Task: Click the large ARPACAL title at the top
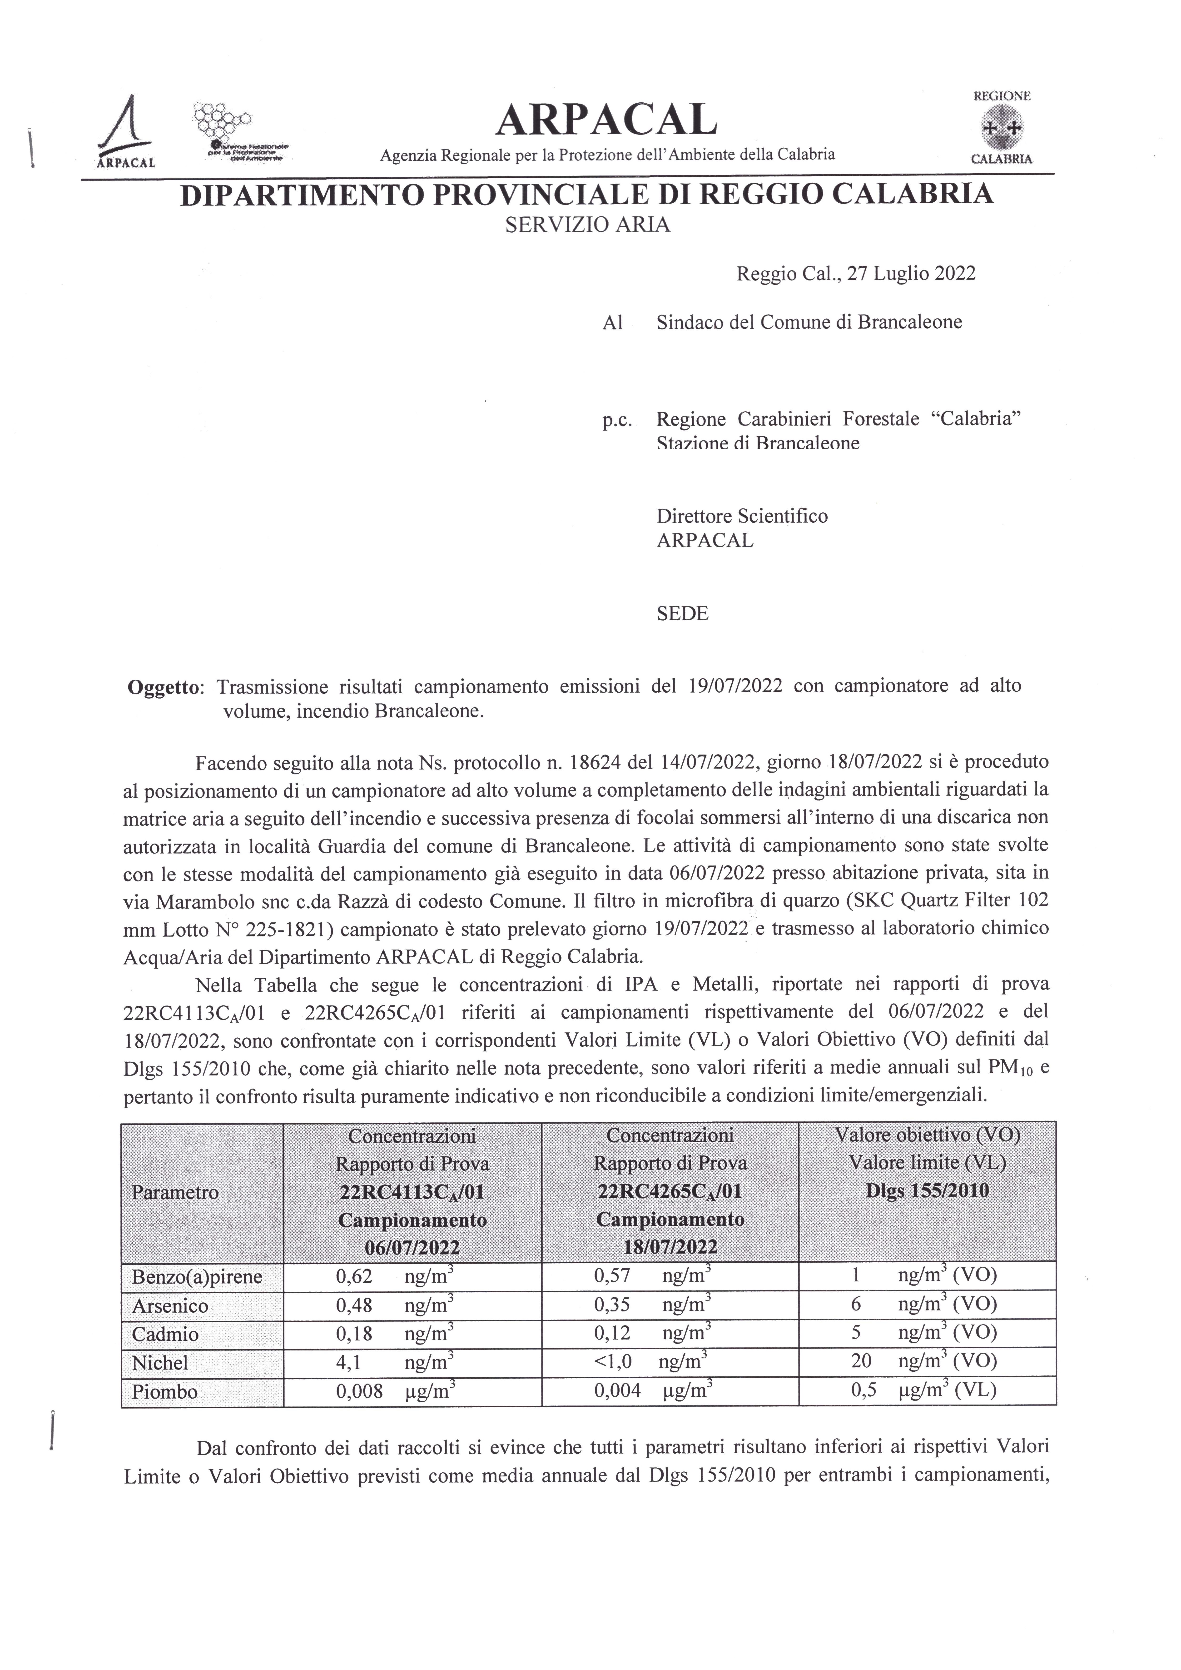pyautogui.click(x=606, y=120)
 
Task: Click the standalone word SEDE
pyautogui.click(x=682, y=613)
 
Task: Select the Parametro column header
pyautogui.click(x=175, y=1193)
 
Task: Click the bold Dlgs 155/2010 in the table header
pyautogui.click(x=927, y=1191)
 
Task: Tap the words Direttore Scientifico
pyautogui.click(x=742, y=516)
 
